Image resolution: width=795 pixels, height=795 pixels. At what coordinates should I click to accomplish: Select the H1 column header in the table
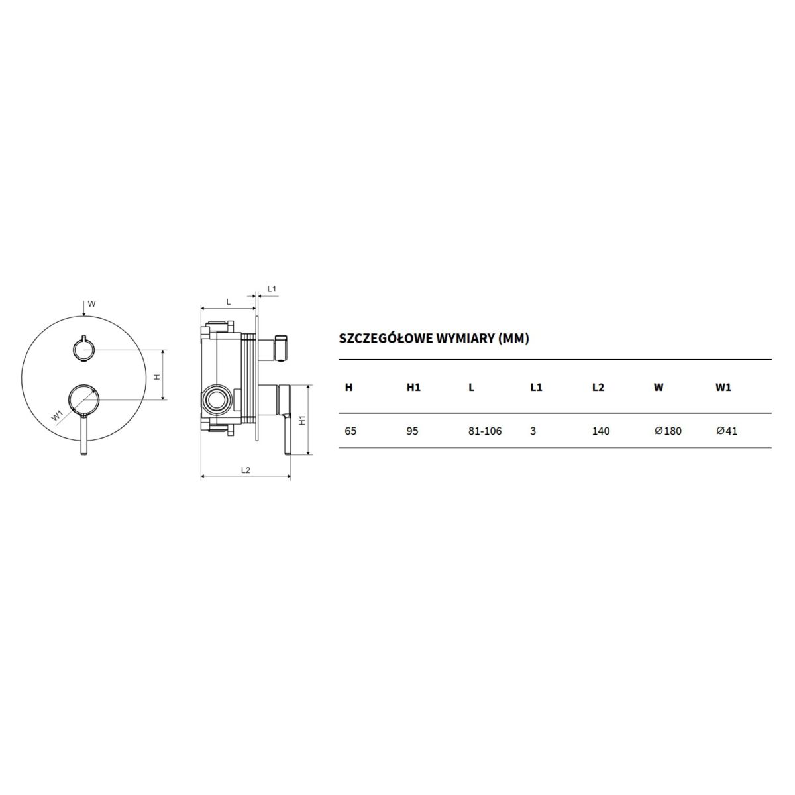tap(413, 387)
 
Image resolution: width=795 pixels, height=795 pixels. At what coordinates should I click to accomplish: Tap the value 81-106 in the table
tap(485, 431)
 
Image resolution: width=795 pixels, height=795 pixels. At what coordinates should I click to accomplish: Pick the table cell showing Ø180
tap(668, 431)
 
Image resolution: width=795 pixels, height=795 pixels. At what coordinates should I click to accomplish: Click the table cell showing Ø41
tap(727, 431)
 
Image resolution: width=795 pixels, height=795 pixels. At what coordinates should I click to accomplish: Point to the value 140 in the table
tap(601, 431)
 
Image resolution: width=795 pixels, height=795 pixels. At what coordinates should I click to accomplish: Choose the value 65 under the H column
tap(350, 431)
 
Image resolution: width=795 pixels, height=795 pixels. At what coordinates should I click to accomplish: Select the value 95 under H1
tap(412, 431)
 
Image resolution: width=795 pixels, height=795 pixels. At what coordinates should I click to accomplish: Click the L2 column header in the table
tap(598, 387)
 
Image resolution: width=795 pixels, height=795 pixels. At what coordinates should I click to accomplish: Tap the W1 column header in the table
tap(724, 387)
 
